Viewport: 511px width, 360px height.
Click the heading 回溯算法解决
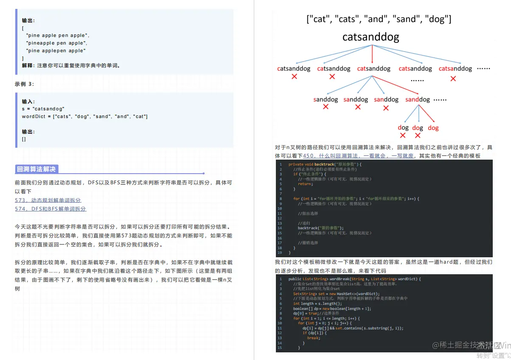(x=36, y=169)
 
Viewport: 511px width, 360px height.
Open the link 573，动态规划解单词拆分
(x=48, y=200)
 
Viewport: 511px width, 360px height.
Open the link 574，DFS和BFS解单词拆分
(x=51, y=209)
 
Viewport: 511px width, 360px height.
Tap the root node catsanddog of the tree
(x=371, y=37)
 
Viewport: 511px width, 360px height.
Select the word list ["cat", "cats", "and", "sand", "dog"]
(x=379, y=19)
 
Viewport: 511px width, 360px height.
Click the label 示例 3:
(x=25, y=84)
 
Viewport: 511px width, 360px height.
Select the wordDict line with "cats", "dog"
(x=84, y=116)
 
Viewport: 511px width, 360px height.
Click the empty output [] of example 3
(x=24, y=139)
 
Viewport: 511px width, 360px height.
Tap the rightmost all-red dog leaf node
(x=433, y=128)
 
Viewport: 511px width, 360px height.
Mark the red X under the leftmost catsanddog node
(x=294, y=77)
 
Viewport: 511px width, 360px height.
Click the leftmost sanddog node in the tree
(x=326, y=99)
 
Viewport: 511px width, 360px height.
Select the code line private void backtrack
(x=324, y=164)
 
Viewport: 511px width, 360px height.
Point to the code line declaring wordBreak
(x=354, y=279)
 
